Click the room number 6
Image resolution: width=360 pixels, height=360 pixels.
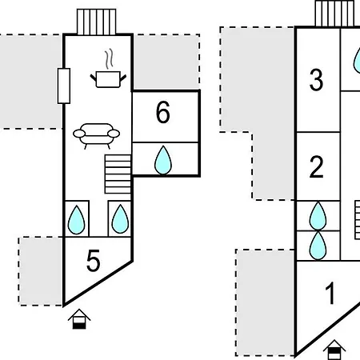163,112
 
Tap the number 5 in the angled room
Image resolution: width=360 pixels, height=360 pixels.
94,261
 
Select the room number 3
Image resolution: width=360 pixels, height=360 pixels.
316,80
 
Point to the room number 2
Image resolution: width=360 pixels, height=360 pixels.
317,166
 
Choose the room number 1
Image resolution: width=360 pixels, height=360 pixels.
330,293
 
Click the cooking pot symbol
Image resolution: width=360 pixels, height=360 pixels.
108,79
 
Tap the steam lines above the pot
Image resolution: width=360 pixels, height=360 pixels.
109,59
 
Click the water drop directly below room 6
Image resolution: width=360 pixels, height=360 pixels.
163,160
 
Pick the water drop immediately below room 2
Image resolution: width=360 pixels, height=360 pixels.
318,216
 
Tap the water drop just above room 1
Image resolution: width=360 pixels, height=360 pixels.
318,246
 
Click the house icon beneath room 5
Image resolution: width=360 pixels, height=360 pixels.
79,318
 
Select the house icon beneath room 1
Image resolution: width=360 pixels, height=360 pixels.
334,350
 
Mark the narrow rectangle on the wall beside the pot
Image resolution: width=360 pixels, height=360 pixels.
64,86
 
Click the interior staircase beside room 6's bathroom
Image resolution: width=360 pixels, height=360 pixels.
118,174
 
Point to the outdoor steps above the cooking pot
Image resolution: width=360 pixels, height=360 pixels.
97,22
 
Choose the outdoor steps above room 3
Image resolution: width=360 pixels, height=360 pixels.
334,14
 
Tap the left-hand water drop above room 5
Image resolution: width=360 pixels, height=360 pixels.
76,220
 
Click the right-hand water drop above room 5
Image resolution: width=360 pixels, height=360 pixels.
120,219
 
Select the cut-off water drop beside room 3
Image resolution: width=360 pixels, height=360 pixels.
357,61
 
